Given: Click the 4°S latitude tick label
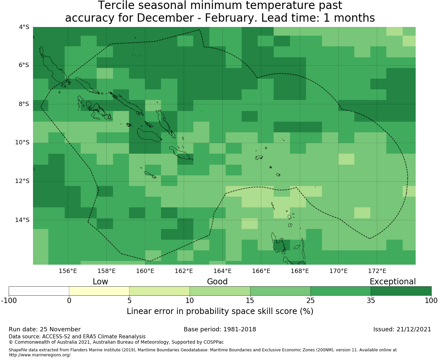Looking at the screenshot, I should coord(24,27).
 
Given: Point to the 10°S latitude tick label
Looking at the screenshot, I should coord(22,143).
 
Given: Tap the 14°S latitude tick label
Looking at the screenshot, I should coord(22,220).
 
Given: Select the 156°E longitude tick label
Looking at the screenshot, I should coord(68,271).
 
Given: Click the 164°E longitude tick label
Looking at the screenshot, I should coord(222,271).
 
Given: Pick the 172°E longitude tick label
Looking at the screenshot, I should coord(377,271).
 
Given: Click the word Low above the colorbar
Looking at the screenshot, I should coord(100,282).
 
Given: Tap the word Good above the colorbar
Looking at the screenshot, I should coord(217,282).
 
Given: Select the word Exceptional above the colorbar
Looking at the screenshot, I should coord(393,282).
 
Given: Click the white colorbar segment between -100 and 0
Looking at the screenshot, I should coord(39,291).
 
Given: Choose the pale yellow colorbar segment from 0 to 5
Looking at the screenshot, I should coord(99,291).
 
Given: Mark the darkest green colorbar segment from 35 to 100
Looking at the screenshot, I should coord(401,291).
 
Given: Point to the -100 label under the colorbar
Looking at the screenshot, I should coord(9,301).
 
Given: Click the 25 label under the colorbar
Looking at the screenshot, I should coord(310,301).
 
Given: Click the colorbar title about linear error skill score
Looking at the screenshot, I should coord(220,311).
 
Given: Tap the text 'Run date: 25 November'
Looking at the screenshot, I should coord(45,329).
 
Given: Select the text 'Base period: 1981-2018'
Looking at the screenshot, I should coord(220,329).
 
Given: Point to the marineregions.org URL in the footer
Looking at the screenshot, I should coord(40,355).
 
